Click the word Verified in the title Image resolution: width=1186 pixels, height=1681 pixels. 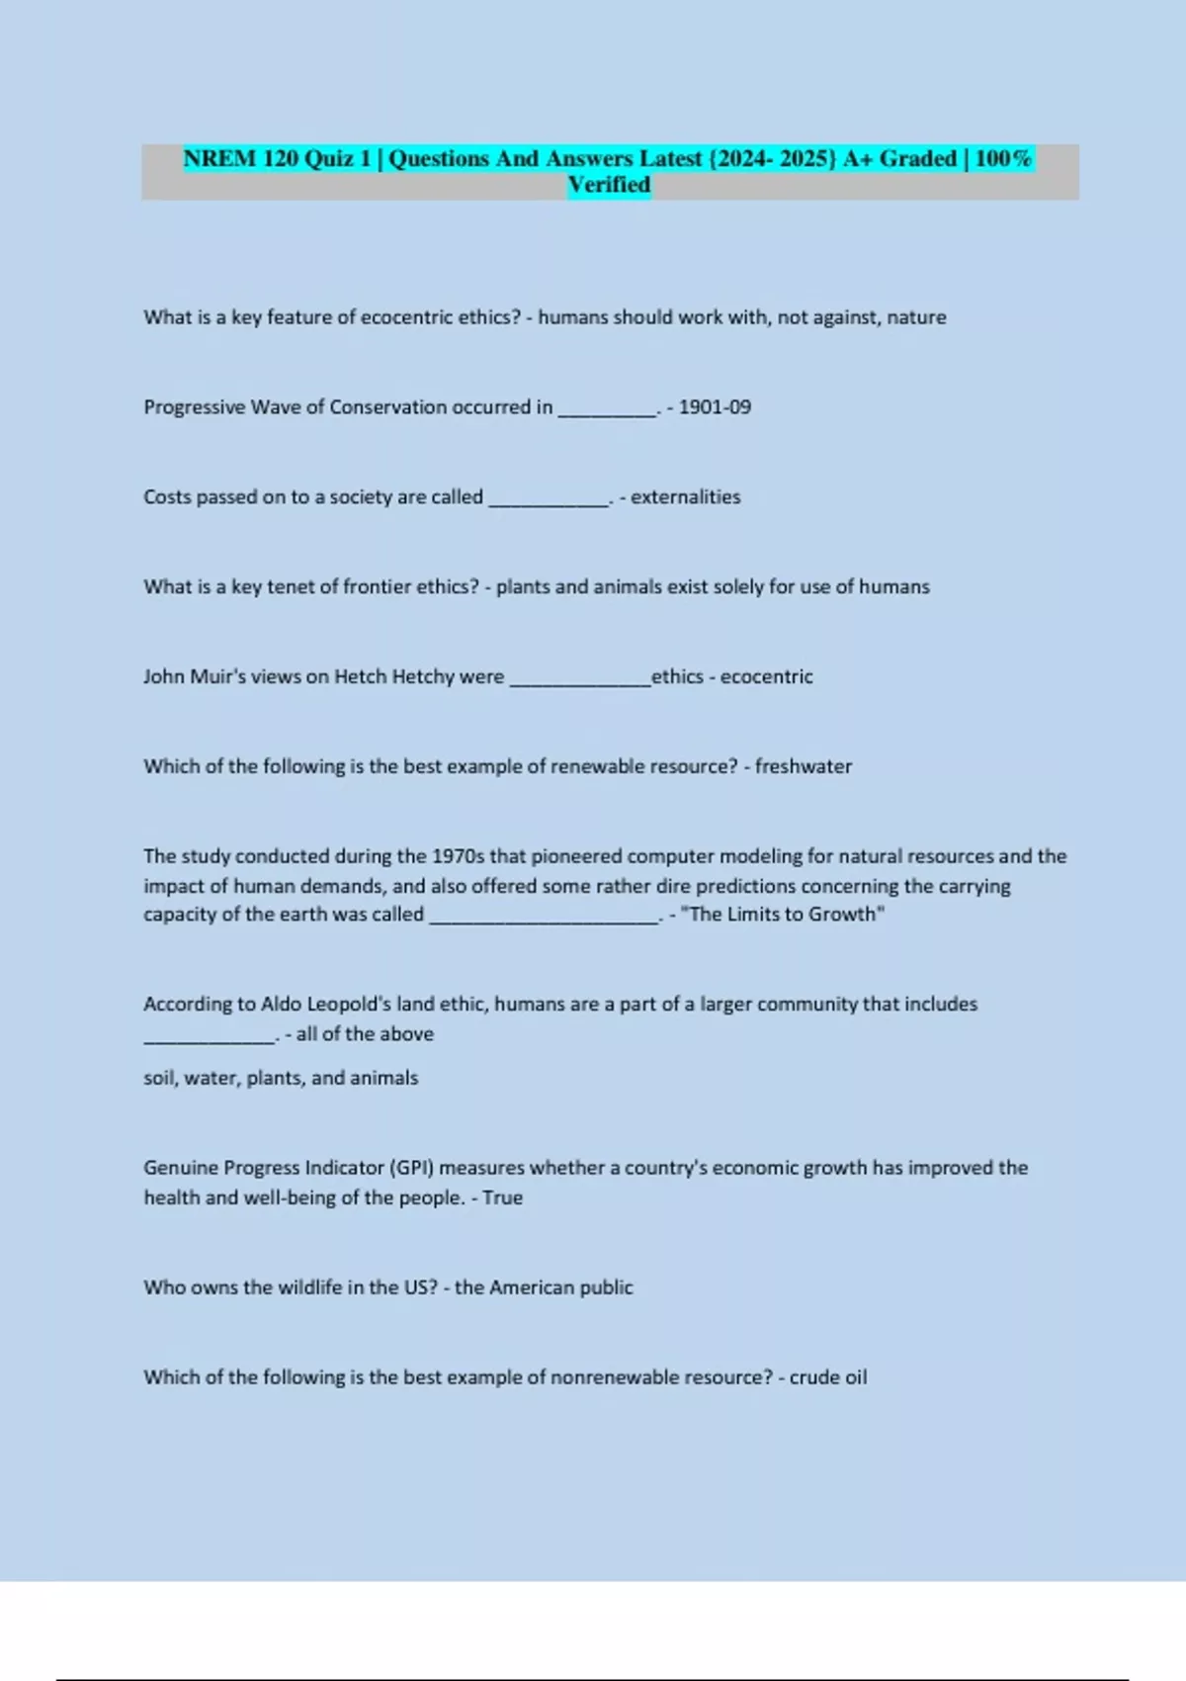click(609, 185)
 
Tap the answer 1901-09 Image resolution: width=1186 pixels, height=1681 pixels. click(715, 407)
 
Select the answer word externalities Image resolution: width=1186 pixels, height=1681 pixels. click(685, 497)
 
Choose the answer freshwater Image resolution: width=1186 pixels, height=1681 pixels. click(803, 766)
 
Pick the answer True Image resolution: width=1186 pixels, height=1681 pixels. click(502, 1197)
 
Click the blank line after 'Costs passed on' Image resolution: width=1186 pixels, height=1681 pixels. click(549, 503)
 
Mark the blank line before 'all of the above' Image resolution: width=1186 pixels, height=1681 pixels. click(210, 1040)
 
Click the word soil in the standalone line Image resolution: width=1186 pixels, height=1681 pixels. click(159, 1078)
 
